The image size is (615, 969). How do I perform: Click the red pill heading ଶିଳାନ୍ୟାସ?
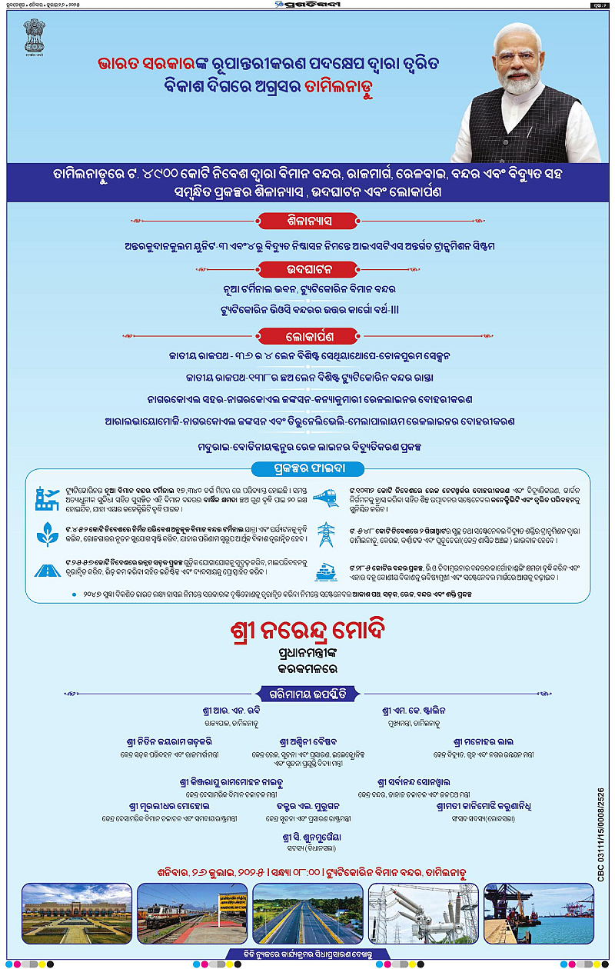tap(308, 221)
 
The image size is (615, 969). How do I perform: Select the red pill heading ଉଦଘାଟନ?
tap(307, 269)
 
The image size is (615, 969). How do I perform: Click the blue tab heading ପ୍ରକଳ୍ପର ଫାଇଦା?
tap(307, 466)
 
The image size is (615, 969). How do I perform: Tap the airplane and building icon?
tap(47, 499)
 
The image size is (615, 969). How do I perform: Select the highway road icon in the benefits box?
tap(47, 571)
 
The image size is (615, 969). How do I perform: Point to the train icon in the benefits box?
tap(326, 497)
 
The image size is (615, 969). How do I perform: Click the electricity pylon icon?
tap(326, 534)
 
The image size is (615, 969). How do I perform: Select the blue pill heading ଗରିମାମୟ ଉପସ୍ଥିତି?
tap(307, 691)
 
